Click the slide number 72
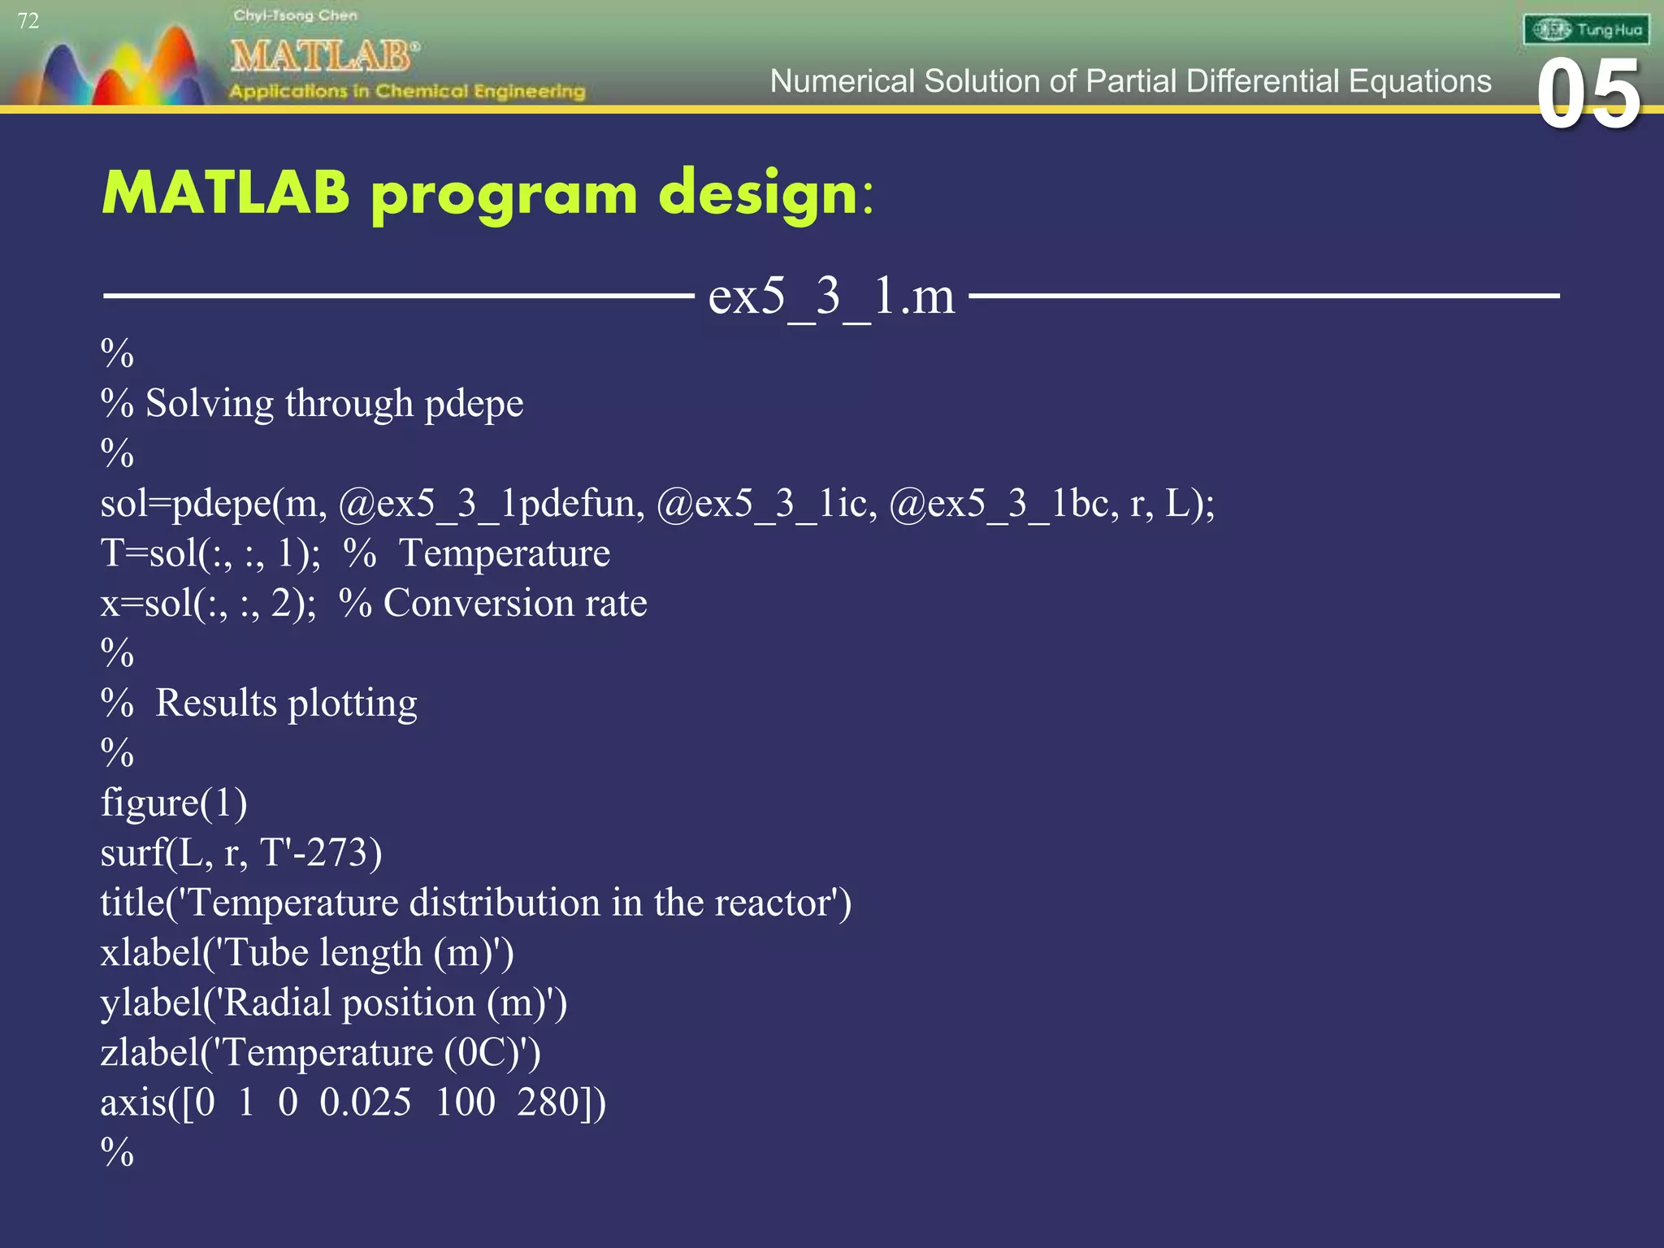point(28,21)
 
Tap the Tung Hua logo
point(1585,30)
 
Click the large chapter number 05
point(1588,95)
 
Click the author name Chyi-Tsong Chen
point(295,15)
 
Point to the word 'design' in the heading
point(758,195)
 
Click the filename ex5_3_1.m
point(831,296)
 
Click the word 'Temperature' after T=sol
point(504,554)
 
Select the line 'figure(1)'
point(174,804)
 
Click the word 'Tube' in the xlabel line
point(266,953)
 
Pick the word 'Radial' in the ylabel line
point(275,1003)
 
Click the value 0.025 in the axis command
point(365,1103)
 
